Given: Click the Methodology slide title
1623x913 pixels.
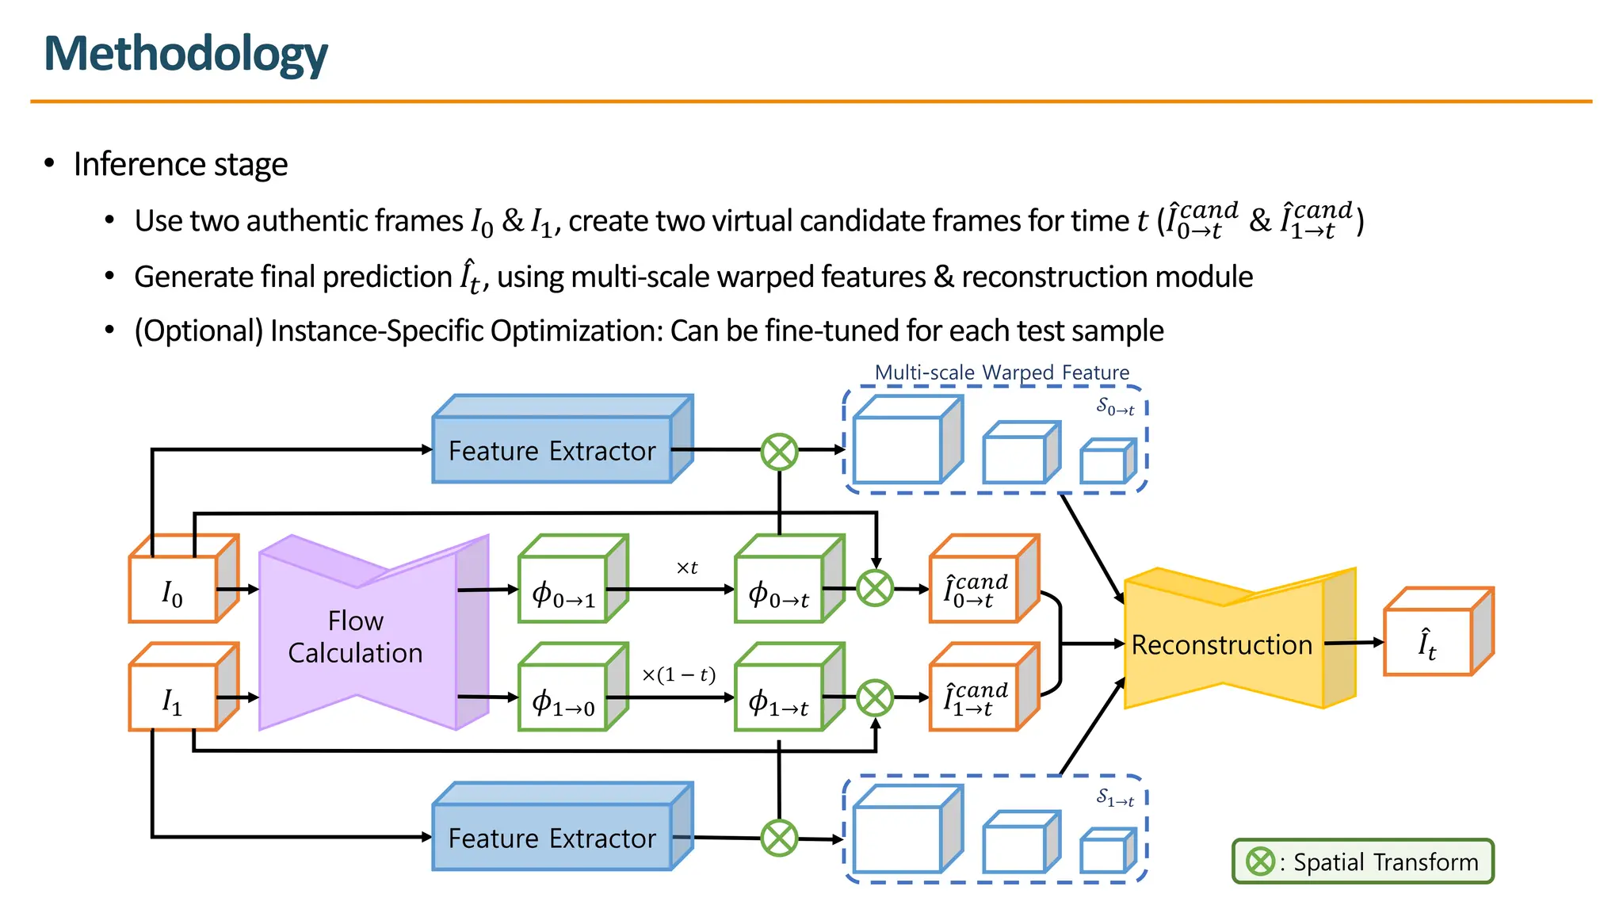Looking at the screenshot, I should (185, 54).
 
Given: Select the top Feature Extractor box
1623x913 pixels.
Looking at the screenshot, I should (552, 450).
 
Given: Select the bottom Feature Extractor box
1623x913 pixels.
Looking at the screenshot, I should (552, 838).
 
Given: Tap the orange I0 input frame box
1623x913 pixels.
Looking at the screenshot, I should (174, 590).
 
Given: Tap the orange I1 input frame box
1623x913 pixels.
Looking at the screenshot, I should (174, 699).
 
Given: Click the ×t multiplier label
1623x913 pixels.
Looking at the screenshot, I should (686, 567).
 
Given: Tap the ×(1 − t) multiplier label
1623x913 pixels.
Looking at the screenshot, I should (678, 674).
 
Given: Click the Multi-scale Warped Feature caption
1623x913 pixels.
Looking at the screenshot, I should (1002, 372).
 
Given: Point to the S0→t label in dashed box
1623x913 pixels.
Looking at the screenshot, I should (1115, 407).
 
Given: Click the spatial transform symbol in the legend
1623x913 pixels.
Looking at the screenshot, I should (1260, 861).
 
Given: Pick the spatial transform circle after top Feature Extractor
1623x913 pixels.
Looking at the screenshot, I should (780, 452).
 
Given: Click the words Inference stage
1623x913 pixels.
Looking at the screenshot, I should (181, 164).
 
